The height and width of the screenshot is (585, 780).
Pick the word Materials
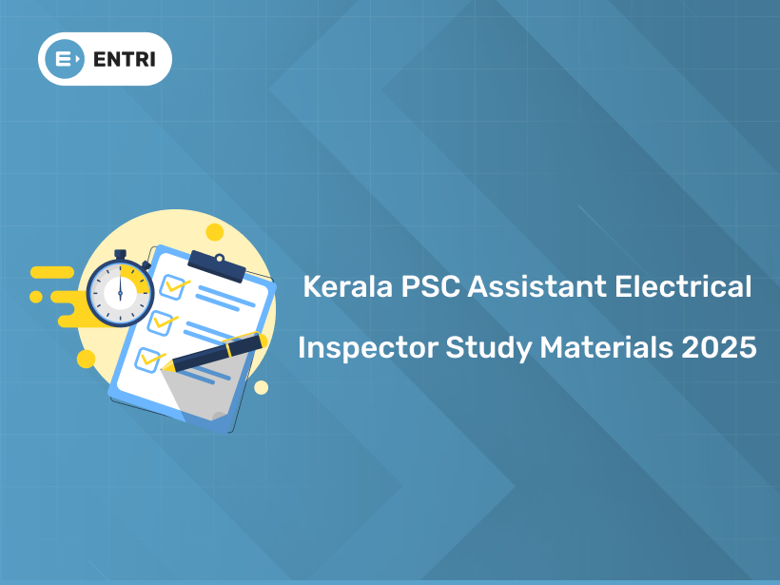[606, 348]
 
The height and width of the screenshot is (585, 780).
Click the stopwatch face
[121, 291]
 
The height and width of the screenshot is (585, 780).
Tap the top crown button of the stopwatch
[121, 254]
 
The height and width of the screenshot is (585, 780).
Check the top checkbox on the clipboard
[173, 284]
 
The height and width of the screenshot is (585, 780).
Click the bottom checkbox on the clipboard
[150, 359]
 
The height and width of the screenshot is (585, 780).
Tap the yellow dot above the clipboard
[215, 232]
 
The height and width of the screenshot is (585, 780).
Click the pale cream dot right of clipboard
[261, 387]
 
